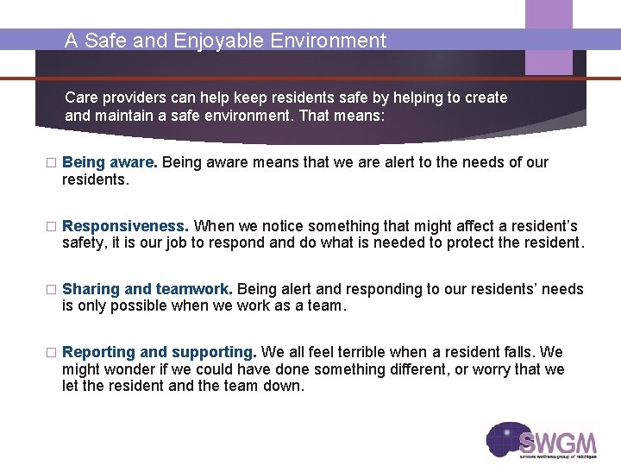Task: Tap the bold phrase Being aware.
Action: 110,162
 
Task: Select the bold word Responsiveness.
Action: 125,226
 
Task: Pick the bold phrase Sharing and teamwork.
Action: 147,289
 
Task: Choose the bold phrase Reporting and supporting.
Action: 160,352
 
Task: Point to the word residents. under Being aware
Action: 96,179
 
